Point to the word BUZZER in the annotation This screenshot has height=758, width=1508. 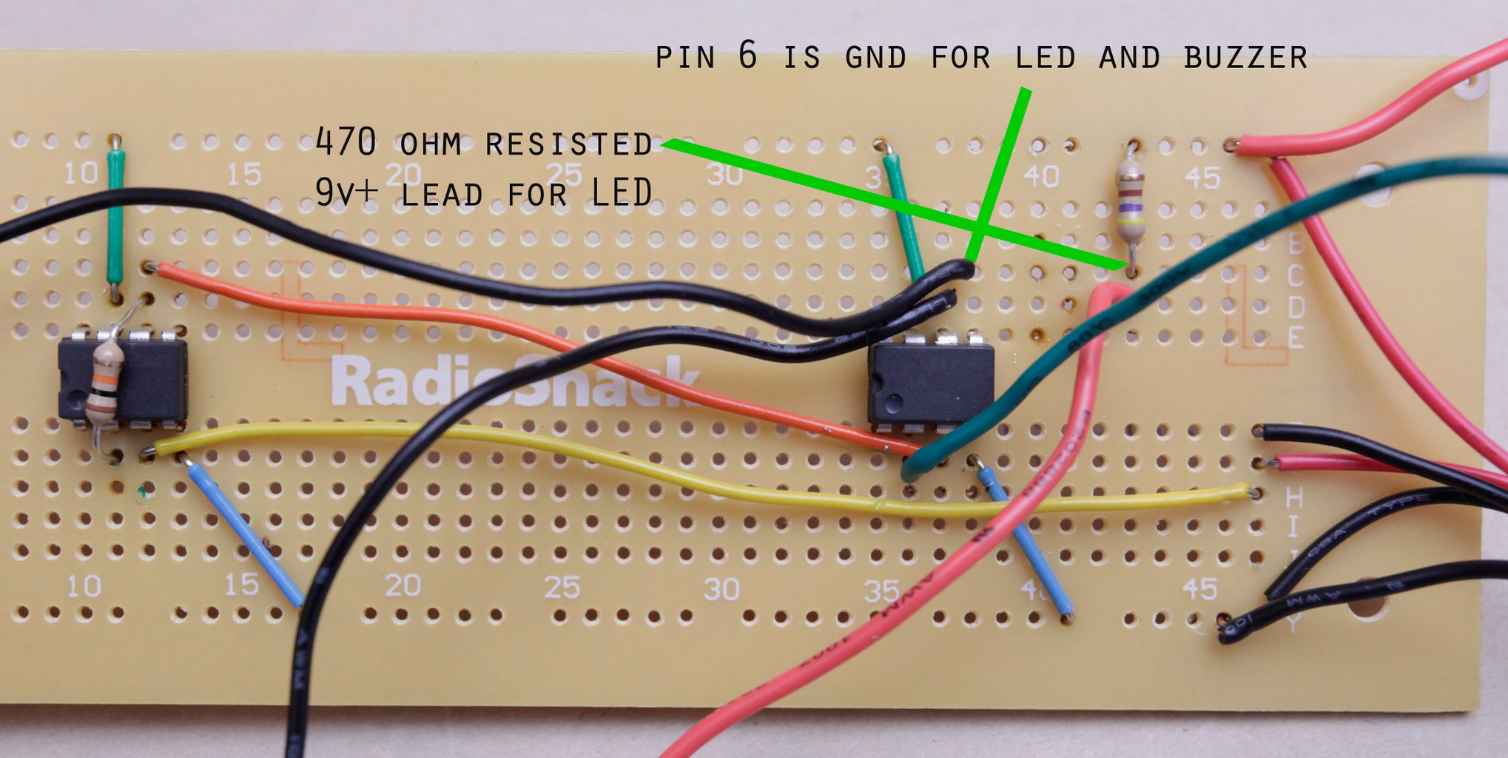pyautogui.click(x=1245, y=58)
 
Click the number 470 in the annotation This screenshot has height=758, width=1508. pyautogui.click(x=346, y=141)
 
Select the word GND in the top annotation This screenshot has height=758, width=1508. pyautogui.click(x=875, y=58)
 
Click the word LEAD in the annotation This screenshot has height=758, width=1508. pyautogui.click(x=442, y=194)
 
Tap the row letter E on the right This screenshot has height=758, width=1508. pyautogui.click(x=1296, y=338)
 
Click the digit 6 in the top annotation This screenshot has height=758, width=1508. pyautogui.click(x=747, y=55)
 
